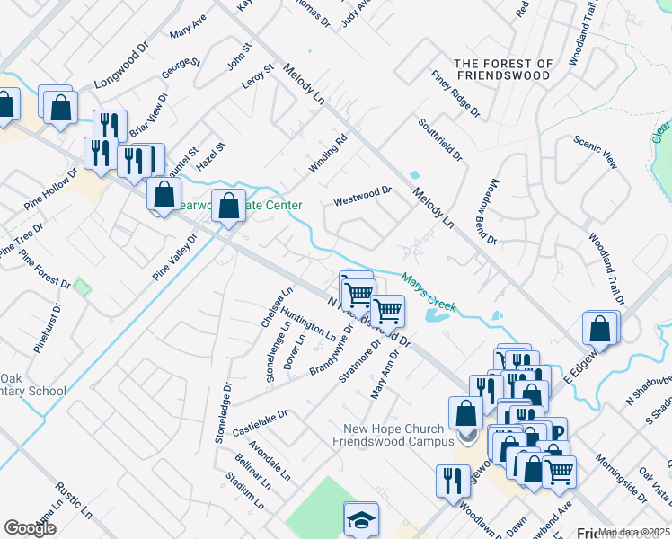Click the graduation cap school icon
361,520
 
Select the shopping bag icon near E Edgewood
600,329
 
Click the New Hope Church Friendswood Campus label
393,434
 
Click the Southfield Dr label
440,140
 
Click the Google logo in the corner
30,528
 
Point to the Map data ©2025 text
633,532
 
